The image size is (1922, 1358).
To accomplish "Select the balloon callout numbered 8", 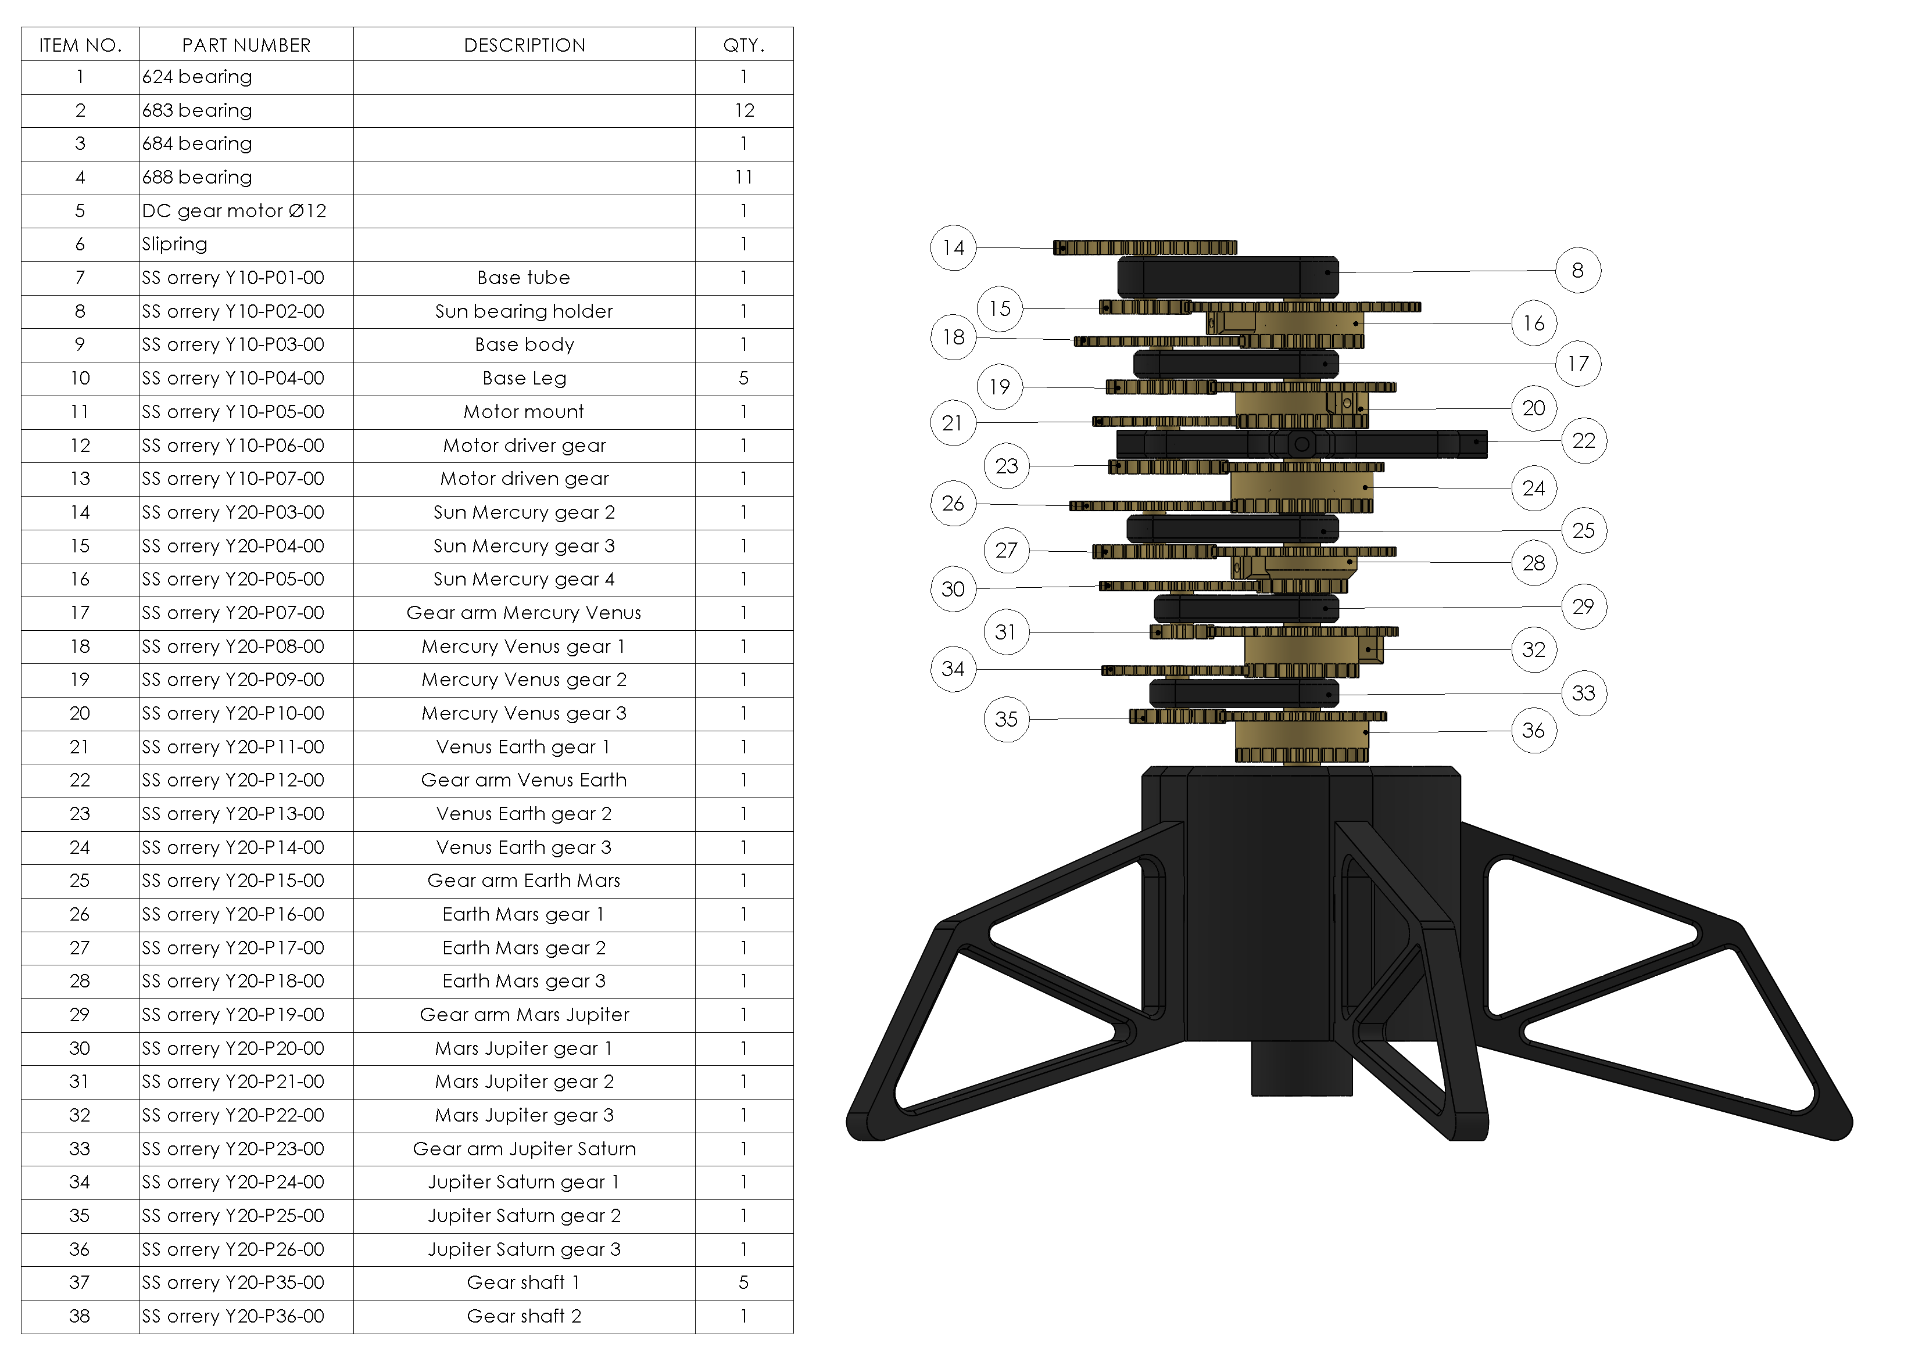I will click(x=1577, y=270).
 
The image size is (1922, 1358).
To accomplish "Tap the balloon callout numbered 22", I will click(x=1583, y=440).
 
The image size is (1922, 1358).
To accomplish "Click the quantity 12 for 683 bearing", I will click(x=743, y=110).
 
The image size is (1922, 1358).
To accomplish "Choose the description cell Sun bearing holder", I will click(x=524, y=311).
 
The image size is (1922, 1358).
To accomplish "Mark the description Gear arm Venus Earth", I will click(x=524, y=780).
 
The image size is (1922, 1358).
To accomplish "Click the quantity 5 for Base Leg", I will click(x=743, y=378).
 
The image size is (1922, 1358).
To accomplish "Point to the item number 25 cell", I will click(x=80, y=880).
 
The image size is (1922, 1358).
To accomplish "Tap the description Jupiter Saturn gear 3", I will click(x=524, y=1249).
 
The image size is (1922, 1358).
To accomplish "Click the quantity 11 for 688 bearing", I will click(x=743, y=177).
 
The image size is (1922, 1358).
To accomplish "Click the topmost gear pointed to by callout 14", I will click(x=1144, y=247).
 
